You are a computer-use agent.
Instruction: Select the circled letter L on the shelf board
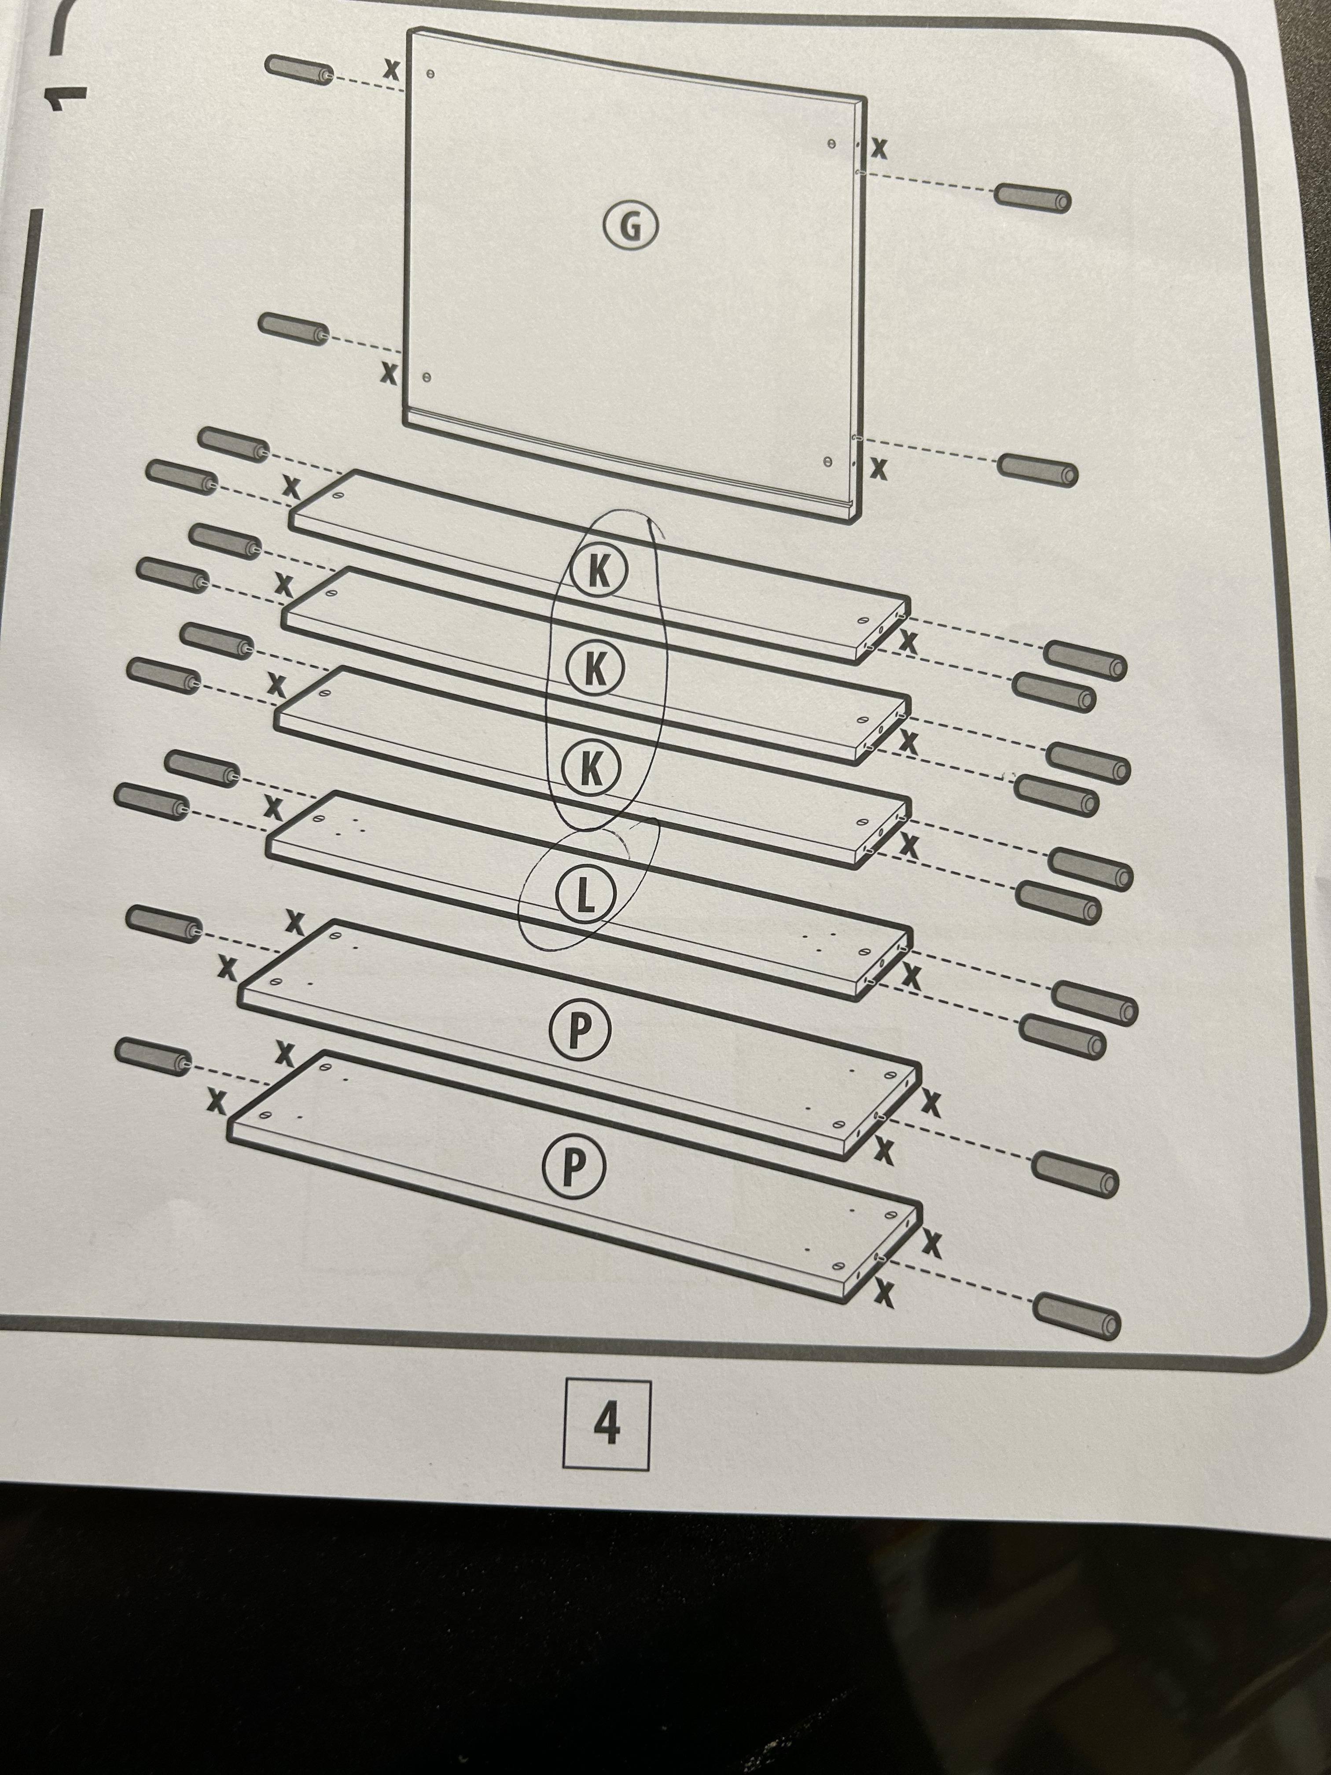pos(585,896)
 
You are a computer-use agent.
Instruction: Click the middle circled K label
pos(595,668)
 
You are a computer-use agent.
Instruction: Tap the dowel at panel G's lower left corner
pos(294,329)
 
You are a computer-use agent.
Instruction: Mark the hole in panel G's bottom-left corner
pos(426,377)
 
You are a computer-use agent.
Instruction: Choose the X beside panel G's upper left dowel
pos(391,70)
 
